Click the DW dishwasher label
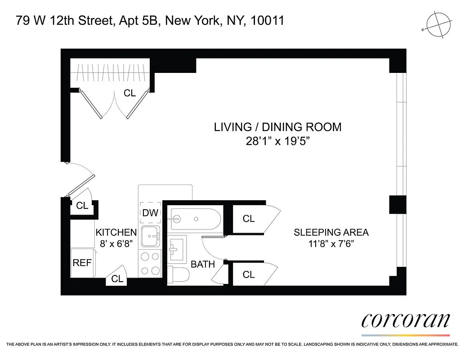[x=150, y=212]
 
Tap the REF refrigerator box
[x=82, y=263]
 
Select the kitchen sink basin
[x=150, y=235]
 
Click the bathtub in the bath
[x=194, y=219]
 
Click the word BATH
[x=203, y=264]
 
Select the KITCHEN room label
[x=116, y=232]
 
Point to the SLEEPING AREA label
[x=331, y=232]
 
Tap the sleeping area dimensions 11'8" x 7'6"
[x=331, y=245]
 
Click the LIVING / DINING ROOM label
[x=277, y=127]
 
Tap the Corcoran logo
[x=406, y=321]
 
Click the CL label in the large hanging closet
[x=130, y=93]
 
